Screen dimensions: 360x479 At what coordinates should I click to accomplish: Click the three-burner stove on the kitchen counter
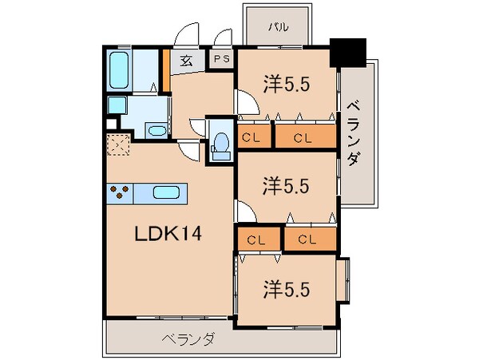(x=120, y=192)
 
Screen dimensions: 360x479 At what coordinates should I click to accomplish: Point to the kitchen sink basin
(x=166, y=192)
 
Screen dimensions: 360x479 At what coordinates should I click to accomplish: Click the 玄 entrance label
(x=185, y=61)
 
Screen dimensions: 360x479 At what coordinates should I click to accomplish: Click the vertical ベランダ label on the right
(x=352, y=132)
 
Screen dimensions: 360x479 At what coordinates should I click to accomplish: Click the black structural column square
(x=346, y=52)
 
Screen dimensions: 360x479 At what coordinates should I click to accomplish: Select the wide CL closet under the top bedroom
(x=303, y=137)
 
